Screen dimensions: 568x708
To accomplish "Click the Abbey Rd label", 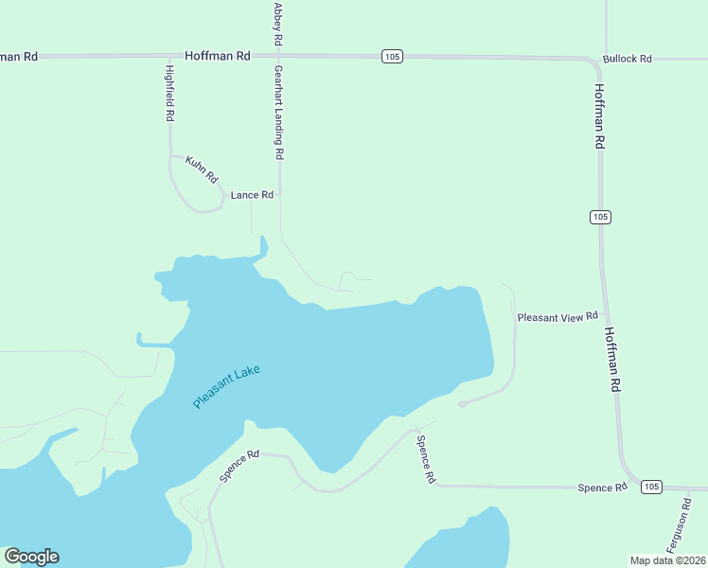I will pos(278,24).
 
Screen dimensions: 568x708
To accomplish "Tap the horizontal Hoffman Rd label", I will pos(218,57).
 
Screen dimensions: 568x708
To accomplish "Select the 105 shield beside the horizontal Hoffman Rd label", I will pos(393,57).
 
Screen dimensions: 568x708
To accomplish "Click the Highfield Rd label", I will pos(169,94).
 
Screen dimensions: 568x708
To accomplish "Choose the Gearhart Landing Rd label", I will pos(279,112).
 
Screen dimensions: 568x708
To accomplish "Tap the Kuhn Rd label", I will pos(202,169).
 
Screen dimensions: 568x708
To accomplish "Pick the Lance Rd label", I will pos(252,195).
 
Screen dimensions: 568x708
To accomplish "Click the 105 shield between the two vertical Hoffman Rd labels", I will pos(600,217).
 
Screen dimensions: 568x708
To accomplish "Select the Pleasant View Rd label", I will pos(558,317).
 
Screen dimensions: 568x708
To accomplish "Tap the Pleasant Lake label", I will pos(226,386).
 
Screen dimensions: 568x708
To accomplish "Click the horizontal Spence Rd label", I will pos(603,488).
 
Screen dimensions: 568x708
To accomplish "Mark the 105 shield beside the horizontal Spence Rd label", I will pos(650,487).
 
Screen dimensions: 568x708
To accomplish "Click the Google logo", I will pos(31,557).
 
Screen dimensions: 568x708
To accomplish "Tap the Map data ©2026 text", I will pos(667,560).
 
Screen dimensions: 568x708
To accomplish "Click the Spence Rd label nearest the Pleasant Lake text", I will pos(239,466).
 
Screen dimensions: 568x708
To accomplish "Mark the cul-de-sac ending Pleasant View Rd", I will pos(462,404).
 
